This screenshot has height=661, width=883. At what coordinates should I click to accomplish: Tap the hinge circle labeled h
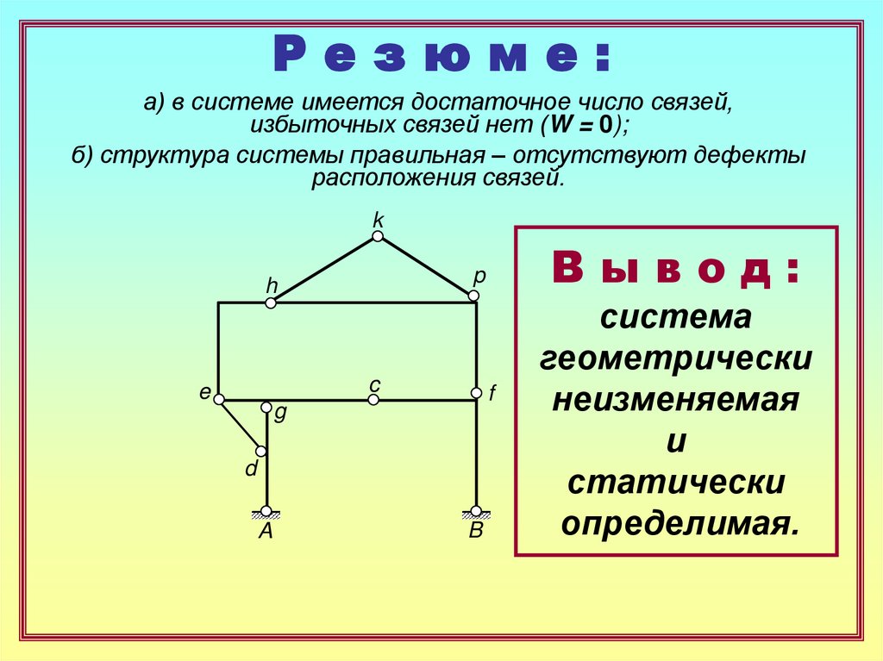coord(271,302)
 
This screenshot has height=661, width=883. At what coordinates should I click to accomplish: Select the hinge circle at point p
coord(473,296)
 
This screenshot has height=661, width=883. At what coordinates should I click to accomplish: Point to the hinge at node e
coord(219,399)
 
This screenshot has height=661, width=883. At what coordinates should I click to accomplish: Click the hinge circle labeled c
coord(373,400)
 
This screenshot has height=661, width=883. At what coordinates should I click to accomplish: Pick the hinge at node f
coord(475,393)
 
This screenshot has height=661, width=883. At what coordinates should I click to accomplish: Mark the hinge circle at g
coord(266,407)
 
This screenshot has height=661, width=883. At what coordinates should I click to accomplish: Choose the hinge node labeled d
coord(260,451)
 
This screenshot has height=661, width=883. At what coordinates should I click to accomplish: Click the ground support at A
coord(266,512)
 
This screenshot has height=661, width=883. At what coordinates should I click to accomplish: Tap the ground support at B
coord(475,512)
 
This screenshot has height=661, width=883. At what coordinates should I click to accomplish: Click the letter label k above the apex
coord(378,220)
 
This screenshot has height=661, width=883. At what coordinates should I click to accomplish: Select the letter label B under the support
coord(476,532)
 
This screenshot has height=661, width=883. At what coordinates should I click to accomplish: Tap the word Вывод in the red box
coord(675,271)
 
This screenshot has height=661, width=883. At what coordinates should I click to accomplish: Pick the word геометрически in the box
coord(675,358)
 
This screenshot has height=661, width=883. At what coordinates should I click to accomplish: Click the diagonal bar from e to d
coord(240,425)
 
